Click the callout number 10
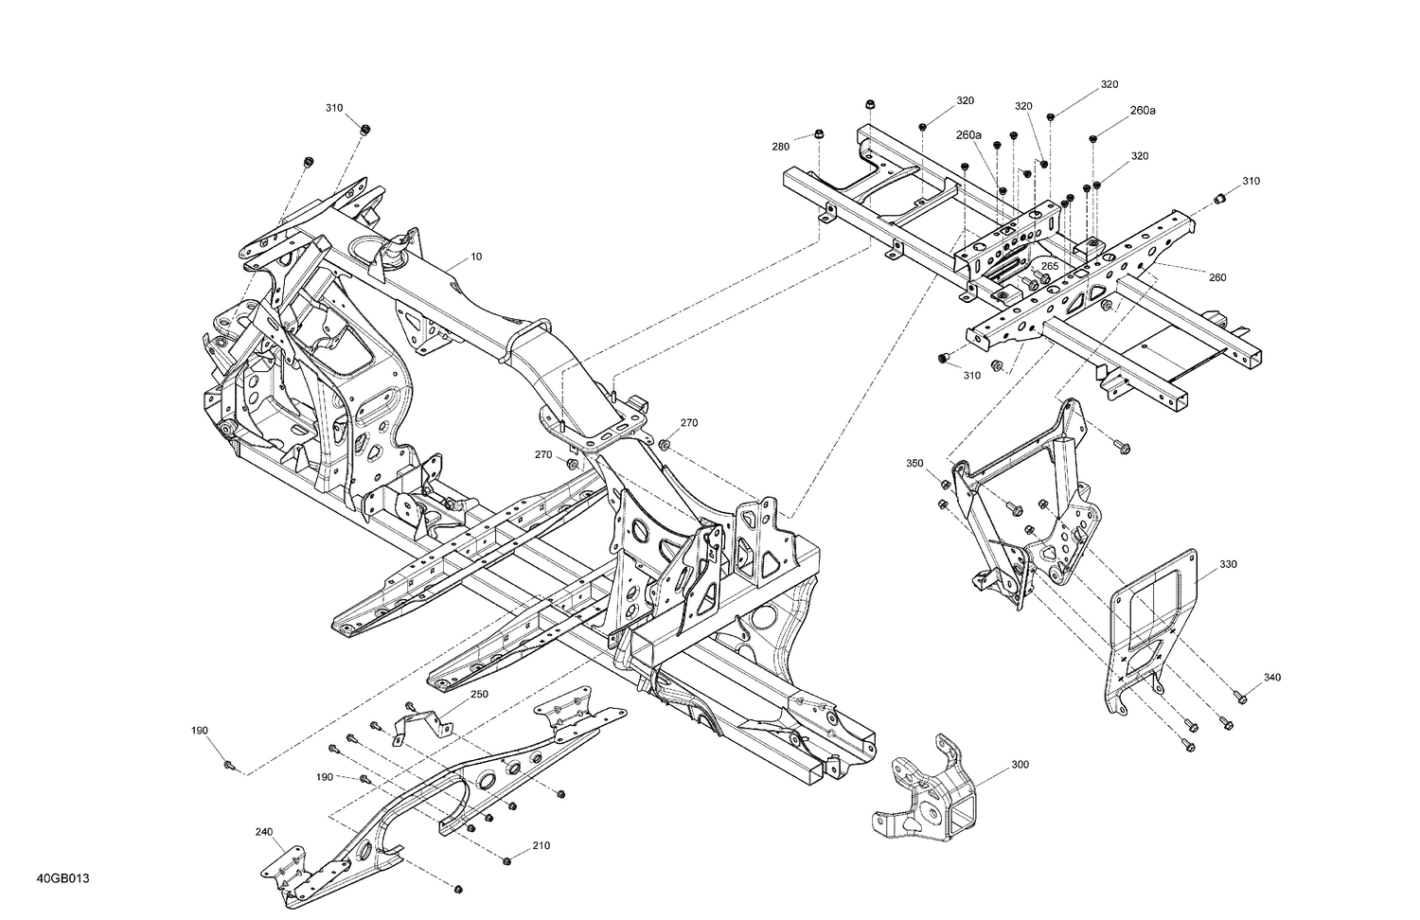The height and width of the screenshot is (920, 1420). (476, 257)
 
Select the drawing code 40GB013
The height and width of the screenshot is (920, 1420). (63, 879)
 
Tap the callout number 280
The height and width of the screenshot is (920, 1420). (780, 147)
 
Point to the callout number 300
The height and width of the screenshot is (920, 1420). (1020, 764)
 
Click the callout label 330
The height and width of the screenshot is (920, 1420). (1228, 565)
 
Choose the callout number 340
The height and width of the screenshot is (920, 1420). (1272, 678)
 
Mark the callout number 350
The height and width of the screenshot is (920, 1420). (914, 464)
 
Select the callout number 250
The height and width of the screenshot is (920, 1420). (479, 695)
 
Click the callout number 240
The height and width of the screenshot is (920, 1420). (263, 833)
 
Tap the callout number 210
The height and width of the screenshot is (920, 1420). (541, 845)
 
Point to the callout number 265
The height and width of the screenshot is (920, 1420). (1050, 267)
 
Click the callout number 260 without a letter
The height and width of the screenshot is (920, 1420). (1217, 277)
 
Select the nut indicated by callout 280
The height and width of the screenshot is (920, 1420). (820, 134)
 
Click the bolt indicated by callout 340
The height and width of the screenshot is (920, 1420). (1242, 699)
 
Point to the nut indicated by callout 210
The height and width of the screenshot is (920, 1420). (507, 860)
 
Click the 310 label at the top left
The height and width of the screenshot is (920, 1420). (334, 108)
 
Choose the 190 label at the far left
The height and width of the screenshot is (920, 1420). (199, 731)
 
